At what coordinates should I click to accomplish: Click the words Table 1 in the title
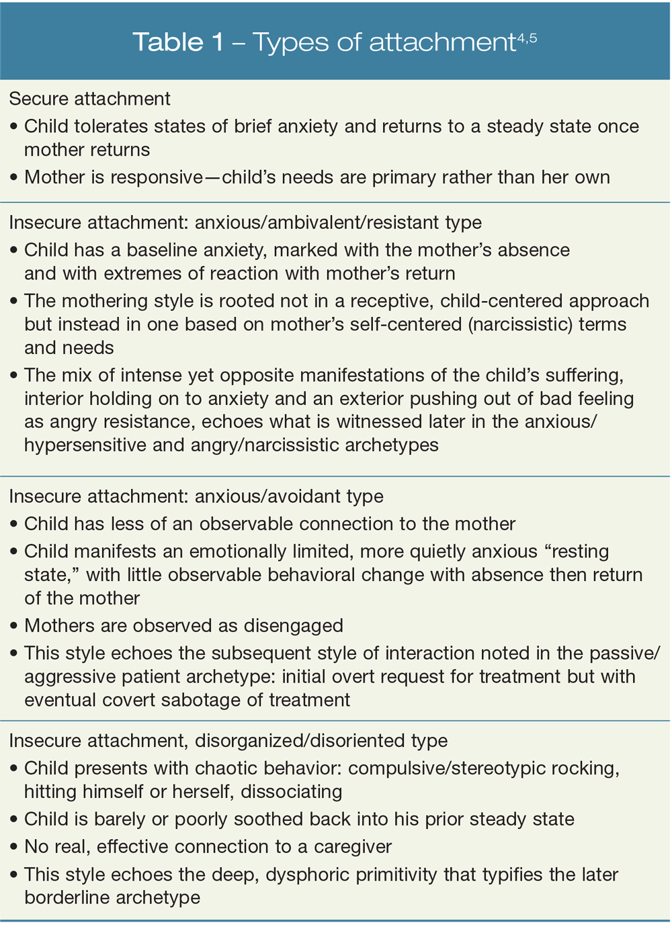tap(178, 42)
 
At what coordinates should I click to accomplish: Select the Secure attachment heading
tap(89, 99)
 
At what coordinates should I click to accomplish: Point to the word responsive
tap(158, 177)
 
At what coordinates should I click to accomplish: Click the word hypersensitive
tap(84, 445)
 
